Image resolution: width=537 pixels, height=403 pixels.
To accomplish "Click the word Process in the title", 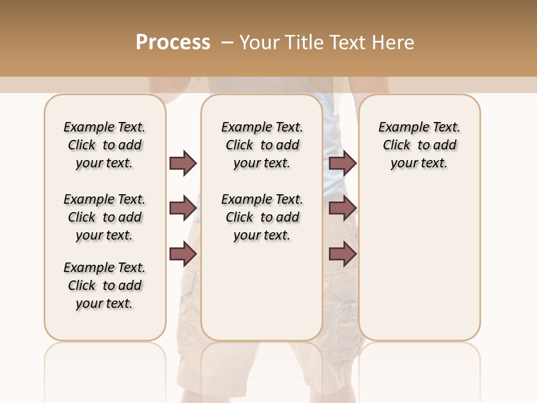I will pos(173,43).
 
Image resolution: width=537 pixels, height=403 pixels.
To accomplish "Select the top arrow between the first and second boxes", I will pos(183,163).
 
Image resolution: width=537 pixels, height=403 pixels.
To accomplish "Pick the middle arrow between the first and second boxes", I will pos(183,209).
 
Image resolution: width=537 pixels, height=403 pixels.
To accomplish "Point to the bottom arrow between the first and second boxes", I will pos(183,254).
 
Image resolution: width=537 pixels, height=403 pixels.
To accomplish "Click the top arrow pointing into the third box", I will pos(342,163).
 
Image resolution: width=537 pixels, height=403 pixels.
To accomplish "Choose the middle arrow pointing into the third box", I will pos(342,209).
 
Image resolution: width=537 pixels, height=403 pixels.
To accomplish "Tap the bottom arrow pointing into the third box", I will pos(342,254).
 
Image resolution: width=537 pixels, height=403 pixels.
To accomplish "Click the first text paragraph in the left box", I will pos(105,145).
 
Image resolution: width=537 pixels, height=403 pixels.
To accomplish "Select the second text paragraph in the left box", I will pos(105,217).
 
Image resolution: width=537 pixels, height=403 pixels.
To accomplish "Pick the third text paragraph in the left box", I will pos(105,285).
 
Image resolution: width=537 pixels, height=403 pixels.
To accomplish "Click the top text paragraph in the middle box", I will pos(262,145).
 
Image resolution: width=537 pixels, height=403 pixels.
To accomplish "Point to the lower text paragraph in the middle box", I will pos(262,217).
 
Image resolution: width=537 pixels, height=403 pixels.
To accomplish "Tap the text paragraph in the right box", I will pos(419,145).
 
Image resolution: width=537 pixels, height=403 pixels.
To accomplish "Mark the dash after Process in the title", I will pos(227,43).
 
